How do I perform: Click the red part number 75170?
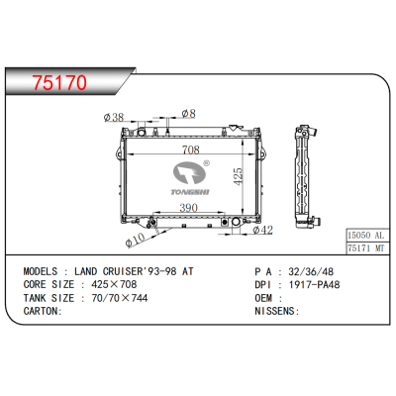(59, 82)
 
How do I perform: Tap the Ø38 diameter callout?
(114, 117)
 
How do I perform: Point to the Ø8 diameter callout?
(188, 114)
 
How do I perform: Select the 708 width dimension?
(191, 149)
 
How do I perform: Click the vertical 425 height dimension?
(238, 176)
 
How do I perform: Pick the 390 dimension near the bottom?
(188, 208)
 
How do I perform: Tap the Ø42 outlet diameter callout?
(262, 230)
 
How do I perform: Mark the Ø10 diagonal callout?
(136, 240)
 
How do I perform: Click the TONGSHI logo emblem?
(190, 177)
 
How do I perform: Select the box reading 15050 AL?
(366, 236)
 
